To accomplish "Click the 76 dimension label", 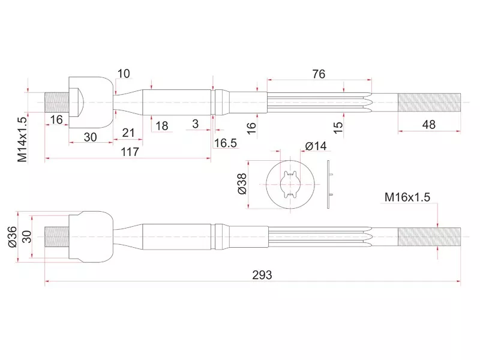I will (x=319, y=74).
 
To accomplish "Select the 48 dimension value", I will (x=428, y=125).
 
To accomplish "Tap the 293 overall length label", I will (x=262, y=275).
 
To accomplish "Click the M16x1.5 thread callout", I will (x=408, y=197).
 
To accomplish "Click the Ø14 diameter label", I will (x=316, y=146).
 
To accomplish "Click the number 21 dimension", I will (x=128, y=133).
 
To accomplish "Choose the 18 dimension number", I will (x=161, y=125).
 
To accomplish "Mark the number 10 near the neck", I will (x=124, y=74).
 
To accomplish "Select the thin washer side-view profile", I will (x=328, y=184).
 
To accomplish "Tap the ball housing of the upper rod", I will (x=91, y=102).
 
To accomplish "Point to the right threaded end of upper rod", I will (x=428, y=102).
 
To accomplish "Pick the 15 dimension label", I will (x=338, y=127).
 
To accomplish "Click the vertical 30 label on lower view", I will (x=26, y=236).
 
